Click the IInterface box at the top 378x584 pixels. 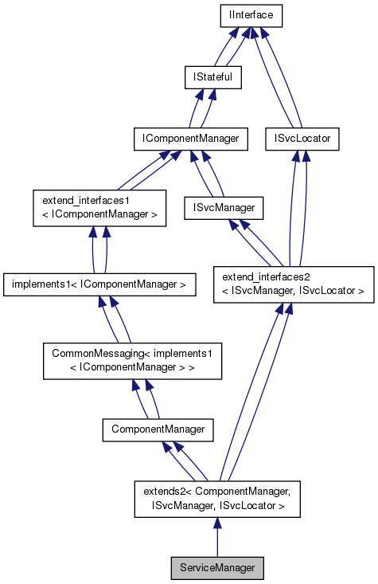click(x=251, y=14)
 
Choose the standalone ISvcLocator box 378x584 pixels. click(x=302, y=139)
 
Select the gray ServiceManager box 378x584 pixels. click(x=217, y=569)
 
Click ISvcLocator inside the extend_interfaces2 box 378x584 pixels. click(x=331, y=292)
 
